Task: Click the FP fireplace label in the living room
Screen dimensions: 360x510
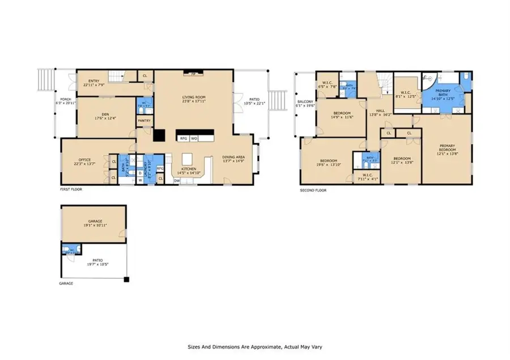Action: point(193,73)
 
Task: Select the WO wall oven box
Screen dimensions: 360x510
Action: point(194,138)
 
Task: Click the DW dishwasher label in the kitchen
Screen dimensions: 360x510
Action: point(177,180)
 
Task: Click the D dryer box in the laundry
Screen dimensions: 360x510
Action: point(139,172)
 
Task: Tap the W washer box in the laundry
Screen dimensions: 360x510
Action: point(139,180)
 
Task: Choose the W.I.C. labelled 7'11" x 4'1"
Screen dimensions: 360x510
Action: point(367,176)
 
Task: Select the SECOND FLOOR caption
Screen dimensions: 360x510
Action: point(313,190)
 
